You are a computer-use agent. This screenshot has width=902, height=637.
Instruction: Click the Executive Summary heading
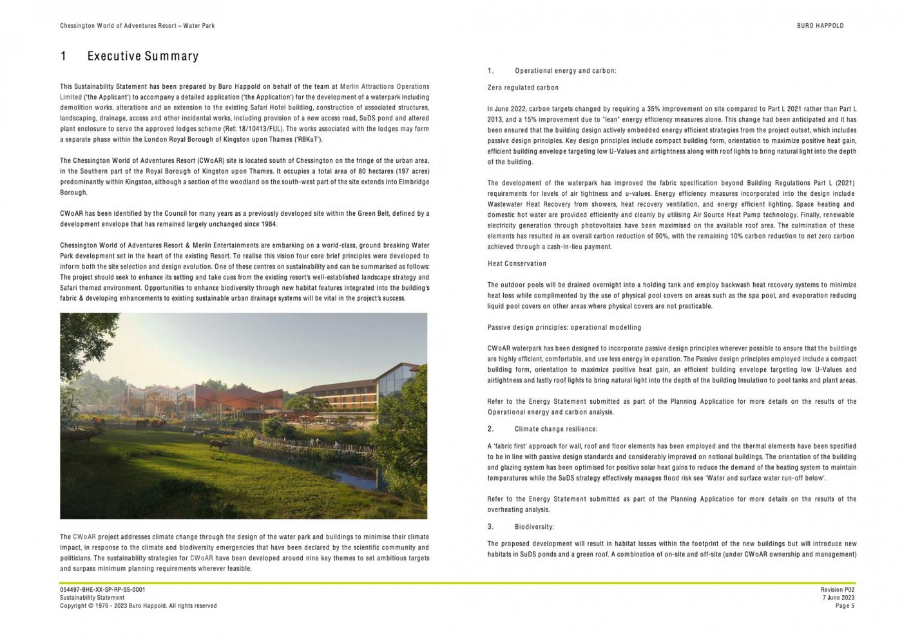142,56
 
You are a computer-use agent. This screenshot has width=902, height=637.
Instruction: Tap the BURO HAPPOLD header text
820,26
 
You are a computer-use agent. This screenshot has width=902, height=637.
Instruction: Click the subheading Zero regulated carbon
523,88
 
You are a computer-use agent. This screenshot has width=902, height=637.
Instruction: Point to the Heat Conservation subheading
517,263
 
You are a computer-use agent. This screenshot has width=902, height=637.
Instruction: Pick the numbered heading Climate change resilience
555,429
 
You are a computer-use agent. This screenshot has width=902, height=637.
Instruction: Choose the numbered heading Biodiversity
534,527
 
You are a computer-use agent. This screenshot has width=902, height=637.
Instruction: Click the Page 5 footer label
845,605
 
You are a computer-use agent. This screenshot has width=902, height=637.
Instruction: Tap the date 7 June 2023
838,598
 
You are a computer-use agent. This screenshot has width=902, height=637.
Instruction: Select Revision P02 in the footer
838,589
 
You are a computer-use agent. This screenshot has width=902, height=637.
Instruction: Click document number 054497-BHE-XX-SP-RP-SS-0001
102,589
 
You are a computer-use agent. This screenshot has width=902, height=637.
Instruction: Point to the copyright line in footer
138,605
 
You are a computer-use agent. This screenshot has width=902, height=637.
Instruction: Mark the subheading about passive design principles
564,327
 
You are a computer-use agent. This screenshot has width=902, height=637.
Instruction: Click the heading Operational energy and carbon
565,71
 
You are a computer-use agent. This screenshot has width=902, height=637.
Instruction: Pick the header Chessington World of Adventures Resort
137,26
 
